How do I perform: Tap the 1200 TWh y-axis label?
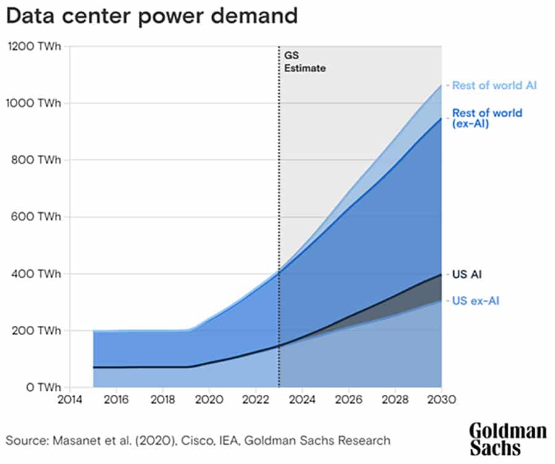[x=33, y=46]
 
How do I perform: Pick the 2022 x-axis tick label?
[x=255, y=400]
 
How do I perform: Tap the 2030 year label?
[x=441, y=400]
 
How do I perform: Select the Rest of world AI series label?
[x=494, y=85]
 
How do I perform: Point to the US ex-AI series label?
[x=475, y=300]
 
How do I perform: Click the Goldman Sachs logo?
[x=507, y=438]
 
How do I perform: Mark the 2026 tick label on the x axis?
[x=348, y=400]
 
